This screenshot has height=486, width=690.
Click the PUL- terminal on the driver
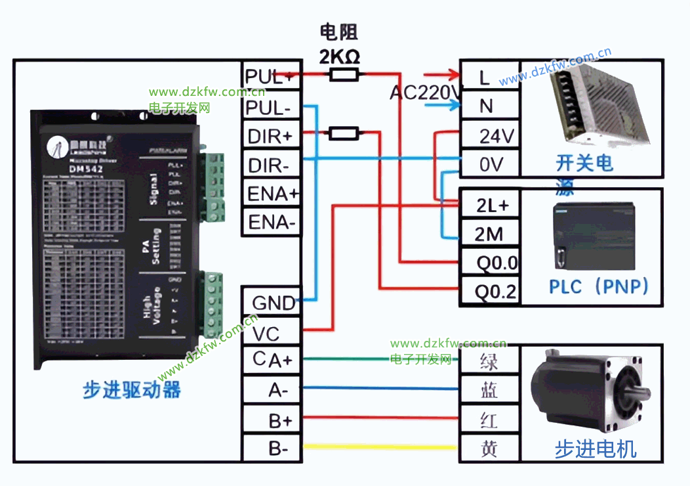272,106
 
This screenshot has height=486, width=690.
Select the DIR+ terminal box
272,136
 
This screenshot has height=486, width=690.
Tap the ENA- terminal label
272,223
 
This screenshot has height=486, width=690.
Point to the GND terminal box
272,303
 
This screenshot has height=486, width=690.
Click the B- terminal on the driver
272,449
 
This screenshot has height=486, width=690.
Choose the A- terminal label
272,390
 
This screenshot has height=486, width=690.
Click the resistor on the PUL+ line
344,76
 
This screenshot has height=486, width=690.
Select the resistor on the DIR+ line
344,134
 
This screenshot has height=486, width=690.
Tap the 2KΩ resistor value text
339,57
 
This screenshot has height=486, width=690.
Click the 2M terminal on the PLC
489,234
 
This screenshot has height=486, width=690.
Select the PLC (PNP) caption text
598,286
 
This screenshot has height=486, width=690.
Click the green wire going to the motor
380,359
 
